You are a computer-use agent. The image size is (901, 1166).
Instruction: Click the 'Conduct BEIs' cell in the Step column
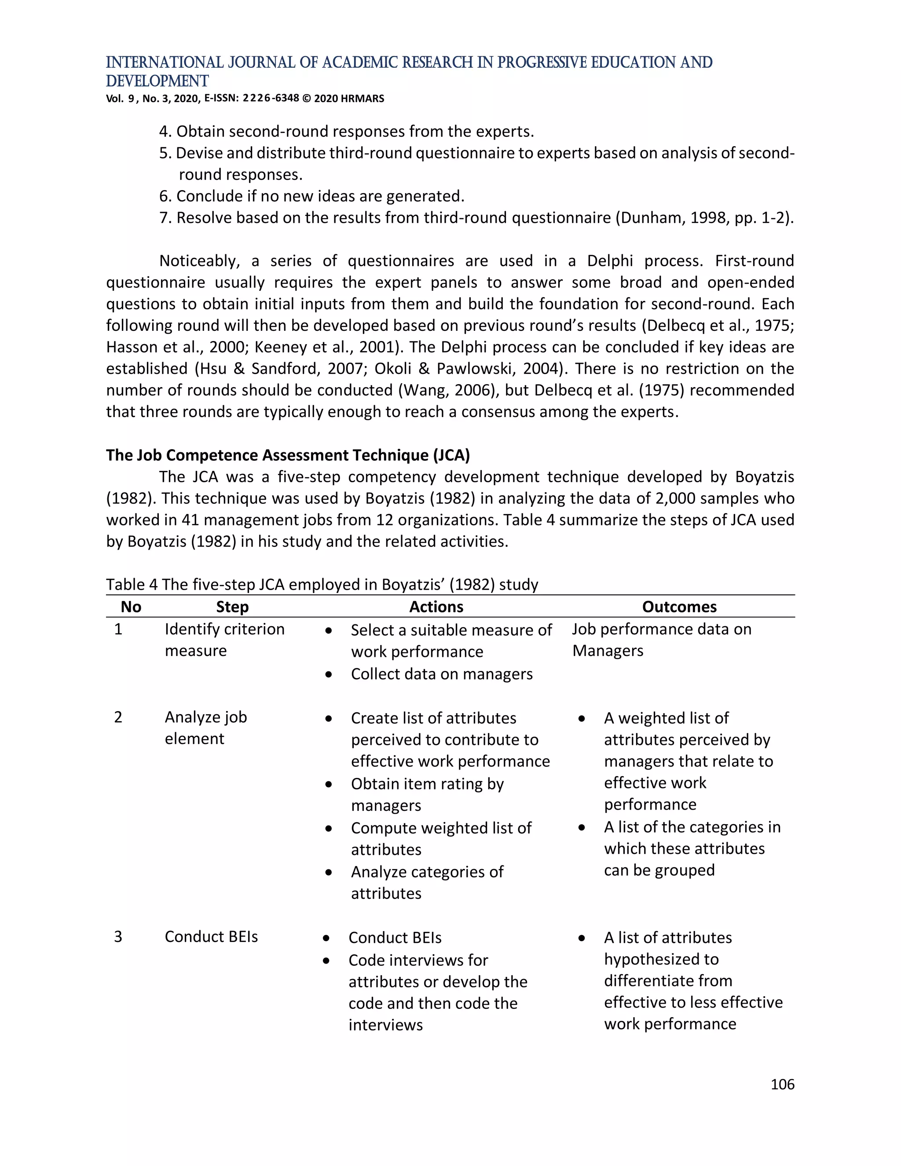pos(211,936)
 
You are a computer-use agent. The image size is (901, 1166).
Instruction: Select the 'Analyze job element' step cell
pos(205,728)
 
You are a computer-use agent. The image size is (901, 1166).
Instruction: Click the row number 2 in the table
pos(118,717)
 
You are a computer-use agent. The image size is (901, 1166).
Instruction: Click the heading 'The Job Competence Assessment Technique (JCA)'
pos(288,455)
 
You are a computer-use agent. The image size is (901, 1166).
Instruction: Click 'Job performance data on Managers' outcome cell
pos(661,640)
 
